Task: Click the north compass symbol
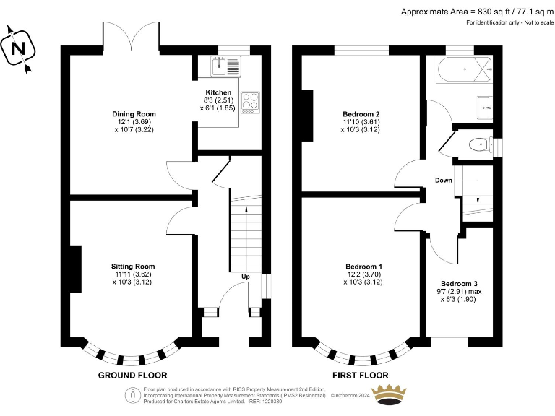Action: coord(17,48)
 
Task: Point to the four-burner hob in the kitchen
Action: coord(250,103)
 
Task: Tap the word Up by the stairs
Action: coord(246,277)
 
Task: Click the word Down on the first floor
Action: coord(444,181)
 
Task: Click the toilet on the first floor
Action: coord(481,144)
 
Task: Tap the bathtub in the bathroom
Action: coord(465,69)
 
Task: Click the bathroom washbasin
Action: coord(485,107)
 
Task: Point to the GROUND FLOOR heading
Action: coord(132,376)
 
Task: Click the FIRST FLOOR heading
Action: coord(361,376)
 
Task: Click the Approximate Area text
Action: coord(477,12)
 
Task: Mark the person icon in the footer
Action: coord(133,395)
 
